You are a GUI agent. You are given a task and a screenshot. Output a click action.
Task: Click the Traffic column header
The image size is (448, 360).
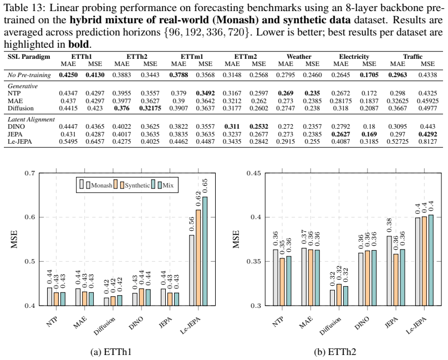(x=413, y=57)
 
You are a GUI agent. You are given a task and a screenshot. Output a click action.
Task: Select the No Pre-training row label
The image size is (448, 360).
(x=29, y=75)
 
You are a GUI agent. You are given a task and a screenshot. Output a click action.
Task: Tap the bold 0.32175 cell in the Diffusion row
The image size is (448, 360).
(x=150, y=108)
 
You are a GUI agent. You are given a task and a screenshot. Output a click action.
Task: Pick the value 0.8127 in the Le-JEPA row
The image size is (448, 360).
(x=427, y=141)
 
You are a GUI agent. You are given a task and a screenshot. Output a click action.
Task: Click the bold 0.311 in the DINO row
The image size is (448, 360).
(x=232, y=126)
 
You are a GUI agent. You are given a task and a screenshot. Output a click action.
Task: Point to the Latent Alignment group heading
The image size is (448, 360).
(x=31, y=119)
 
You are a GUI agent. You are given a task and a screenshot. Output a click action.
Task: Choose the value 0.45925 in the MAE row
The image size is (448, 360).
(x=427, y=101)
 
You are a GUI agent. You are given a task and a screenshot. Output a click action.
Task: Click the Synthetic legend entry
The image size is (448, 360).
(x=134, y=185)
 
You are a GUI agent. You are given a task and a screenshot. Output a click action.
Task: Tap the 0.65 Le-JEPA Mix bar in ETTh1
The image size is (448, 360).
(x=205, y=251)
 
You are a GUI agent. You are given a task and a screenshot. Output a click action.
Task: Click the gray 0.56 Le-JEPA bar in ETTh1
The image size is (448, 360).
(x=192, y=270)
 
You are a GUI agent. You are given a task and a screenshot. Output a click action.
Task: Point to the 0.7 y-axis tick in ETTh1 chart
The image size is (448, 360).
(x=29, y=173)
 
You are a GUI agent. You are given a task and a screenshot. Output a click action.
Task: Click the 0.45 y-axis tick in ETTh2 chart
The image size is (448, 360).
(x=253, y=173)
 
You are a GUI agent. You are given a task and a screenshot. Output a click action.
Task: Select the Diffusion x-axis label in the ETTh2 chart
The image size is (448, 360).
(x=330, y=326)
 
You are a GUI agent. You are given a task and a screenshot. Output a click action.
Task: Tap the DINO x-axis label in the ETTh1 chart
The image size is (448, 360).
(x=136, y=323)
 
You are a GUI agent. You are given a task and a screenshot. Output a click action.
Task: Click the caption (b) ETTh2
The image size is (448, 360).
(x=335, y=352)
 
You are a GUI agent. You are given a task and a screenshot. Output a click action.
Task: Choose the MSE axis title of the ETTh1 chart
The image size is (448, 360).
(x=14, y=239)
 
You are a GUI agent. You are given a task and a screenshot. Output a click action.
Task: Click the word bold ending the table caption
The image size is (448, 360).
(x=78, y=44)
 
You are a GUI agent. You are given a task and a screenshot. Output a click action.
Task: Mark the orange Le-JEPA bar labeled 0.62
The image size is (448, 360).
(x=198, y=257)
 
